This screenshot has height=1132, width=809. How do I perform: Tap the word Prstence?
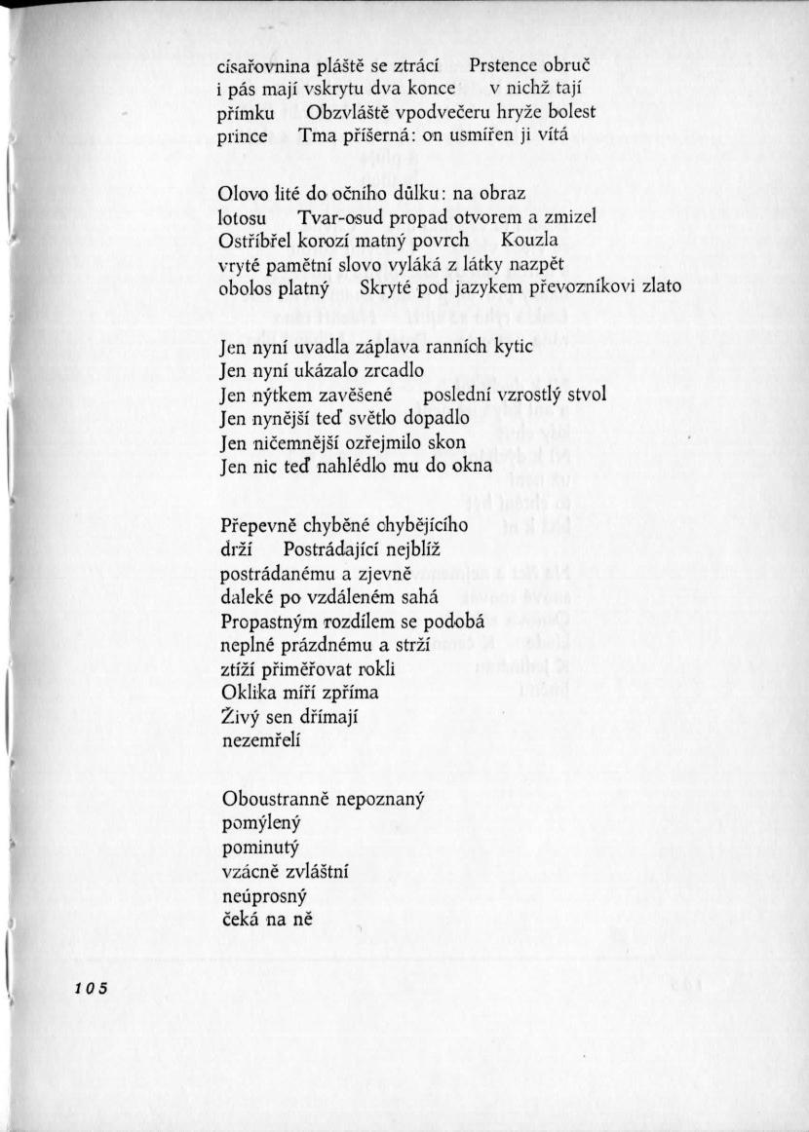click(504, 67)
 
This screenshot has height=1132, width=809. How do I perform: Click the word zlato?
click(660, 286)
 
